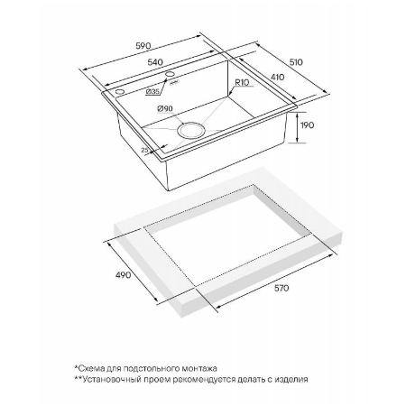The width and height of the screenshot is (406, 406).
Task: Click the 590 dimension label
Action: [143, 46]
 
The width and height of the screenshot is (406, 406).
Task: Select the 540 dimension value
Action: [155, 62]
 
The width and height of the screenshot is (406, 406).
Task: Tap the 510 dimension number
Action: [296, 62]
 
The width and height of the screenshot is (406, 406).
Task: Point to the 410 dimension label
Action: [277, 77]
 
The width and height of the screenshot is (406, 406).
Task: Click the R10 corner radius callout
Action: [242, 82]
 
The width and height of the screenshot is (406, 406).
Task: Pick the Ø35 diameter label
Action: [152, 92]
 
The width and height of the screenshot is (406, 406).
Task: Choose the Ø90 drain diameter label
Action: [165, 108]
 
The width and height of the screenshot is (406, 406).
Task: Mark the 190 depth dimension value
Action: [307, 125]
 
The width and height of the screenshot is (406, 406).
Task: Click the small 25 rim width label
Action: [145, 150]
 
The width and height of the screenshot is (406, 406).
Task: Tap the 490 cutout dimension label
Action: [124, 274]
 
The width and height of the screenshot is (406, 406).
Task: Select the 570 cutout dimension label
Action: [281, 288]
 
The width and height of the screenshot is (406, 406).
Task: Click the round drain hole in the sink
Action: [191, 130]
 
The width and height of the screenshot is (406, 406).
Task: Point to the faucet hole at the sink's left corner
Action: [119, 91]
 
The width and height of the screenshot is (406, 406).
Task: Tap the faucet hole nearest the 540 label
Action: [171, 74]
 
